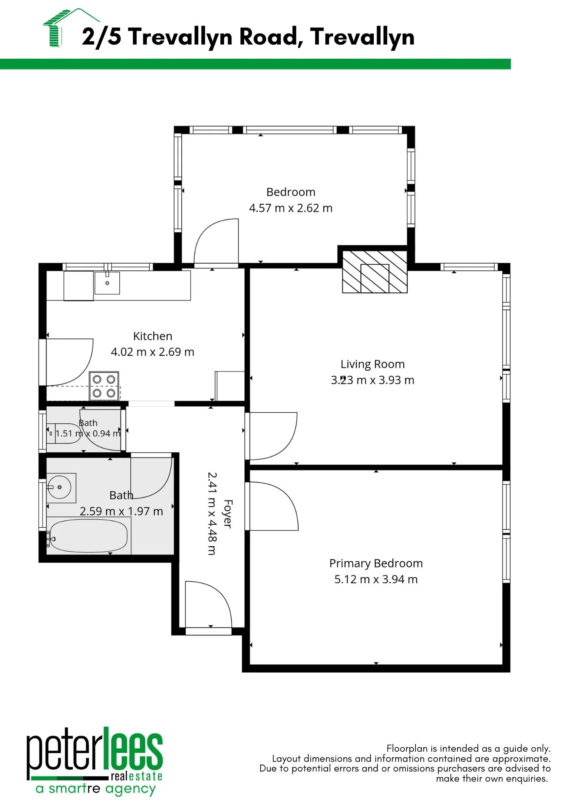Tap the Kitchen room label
(153, 336)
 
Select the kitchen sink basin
(107, 283)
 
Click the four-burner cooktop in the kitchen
(104, 386)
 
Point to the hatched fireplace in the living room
(375, 271)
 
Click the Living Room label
(373, 364)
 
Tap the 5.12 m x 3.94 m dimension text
(376, 579)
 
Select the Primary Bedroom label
(376, 563)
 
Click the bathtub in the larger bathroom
(89, 536)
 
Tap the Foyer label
(228, 514)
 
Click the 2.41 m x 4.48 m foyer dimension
(212, 513)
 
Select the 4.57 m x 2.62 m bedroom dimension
(291, 208)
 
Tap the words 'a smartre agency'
(96, 789)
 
